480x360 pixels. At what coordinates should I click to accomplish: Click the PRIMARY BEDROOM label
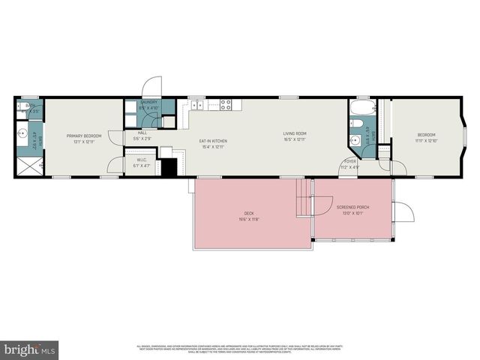(x=83, y=136)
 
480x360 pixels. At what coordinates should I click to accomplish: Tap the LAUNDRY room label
(x=148, y=102)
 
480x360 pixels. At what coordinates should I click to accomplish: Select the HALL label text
(x=142, y=133)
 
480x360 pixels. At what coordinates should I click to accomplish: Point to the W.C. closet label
(x=141, y=159)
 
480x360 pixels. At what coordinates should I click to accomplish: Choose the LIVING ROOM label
(x=295, y=133)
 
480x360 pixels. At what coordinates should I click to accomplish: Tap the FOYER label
(x=350, y=161)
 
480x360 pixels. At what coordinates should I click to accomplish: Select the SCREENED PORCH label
(x=352, y=207)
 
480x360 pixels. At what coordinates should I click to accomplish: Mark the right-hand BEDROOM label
(x=426, y=135)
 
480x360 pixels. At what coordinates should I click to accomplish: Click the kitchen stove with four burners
(x=227, y=106)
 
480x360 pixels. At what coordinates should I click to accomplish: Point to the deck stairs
(x=303, y=196)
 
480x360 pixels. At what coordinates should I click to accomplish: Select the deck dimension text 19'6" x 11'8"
(x=249, y=219)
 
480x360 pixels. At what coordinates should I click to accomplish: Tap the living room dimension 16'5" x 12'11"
(x=295, y=139)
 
